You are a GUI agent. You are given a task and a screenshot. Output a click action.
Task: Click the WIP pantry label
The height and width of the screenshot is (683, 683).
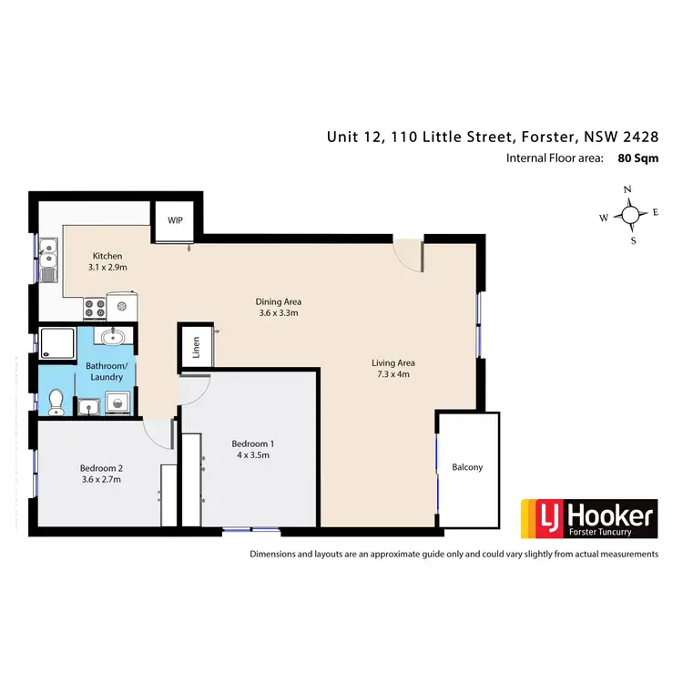coord(174,219)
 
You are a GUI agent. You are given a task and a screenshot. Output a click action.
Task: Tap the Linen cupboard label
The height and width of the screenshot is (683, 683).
coord(195,347)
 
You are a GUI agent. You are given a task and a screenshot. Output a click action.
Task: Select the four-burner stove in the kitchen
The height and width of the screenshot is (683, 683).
coord(95,308)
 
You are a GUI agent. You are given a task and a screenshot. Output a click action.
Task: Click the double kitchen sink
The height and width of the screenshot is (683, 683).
coord(48,258)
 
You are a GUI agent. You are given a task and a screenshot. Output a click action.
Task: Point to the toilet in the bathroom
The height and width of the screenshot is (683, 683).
coord(56,400)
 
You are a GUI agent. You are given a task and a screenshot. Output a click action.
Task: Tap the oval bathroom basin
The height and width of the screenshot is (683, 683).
coord(114,338)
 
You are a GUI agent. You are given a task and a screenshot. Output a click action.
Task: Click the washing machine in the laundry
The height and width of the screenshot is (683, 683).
coord(116,402)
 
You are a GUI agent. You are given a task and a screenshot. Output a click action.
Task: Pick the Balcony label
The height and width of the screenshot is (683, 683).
coord(467,467)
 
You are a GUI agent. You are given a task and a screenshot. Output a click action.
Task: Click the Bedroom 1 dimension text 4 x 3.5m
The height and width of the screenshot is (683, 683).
coord(251,455)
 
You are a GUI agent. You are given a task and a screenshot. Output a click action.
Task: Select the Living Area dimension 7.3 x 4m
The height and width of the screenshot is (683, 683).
coord(394,373)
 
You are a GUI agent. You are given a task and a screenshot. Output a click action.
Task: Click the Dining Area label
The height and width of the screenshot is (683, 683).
coord(278,301)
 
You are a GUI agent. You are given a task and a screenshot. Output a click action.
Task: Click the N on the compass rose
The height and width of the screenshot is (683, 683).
coord(627,189)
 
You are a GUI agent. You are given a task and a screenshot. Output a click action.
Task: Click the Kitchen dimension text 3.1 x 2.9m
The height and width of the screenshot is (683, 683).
coord(107,269)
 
